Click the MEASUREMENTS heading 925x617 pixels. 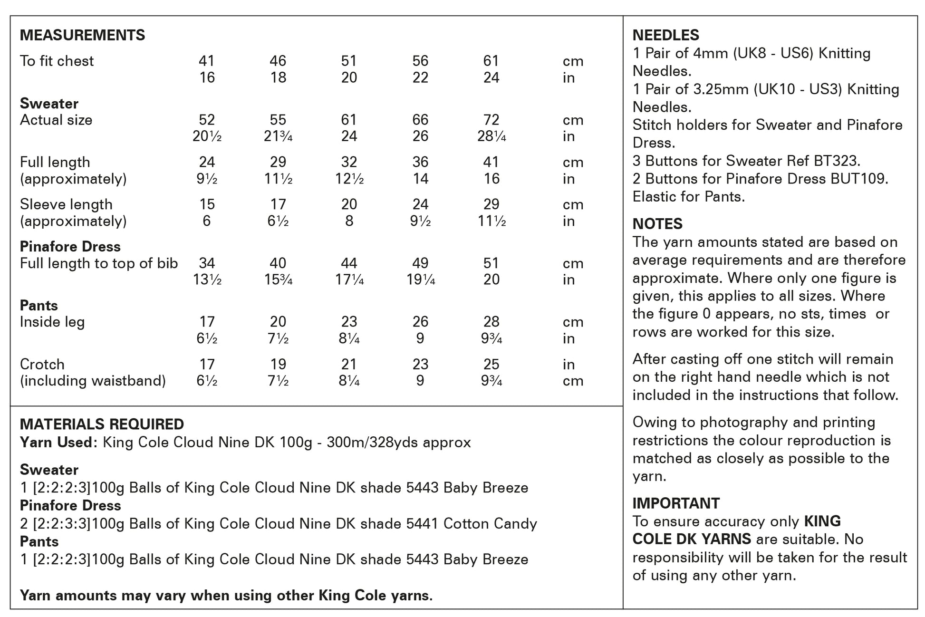82,35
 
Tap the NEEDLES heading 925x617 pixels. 665,35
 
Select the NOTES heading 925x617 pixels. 657,224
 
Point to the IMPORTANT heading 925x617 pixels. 675,503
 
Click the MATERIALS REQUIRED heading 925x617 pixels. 102,424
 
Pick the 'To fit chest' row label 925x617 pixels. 57,61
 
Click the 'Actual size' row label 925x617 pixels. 56,120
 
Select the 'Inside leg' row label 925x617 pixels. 52,322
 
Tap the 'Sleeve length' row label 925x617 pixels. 66,205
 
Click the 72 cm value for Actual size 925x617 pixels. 491,120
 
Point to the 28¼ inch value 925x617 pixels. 491,137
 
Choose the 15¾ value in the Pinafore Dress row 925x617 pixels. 278,280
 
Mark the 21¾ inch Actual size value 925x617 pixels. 278,137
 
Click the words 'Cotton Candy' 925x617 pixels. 490,524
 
